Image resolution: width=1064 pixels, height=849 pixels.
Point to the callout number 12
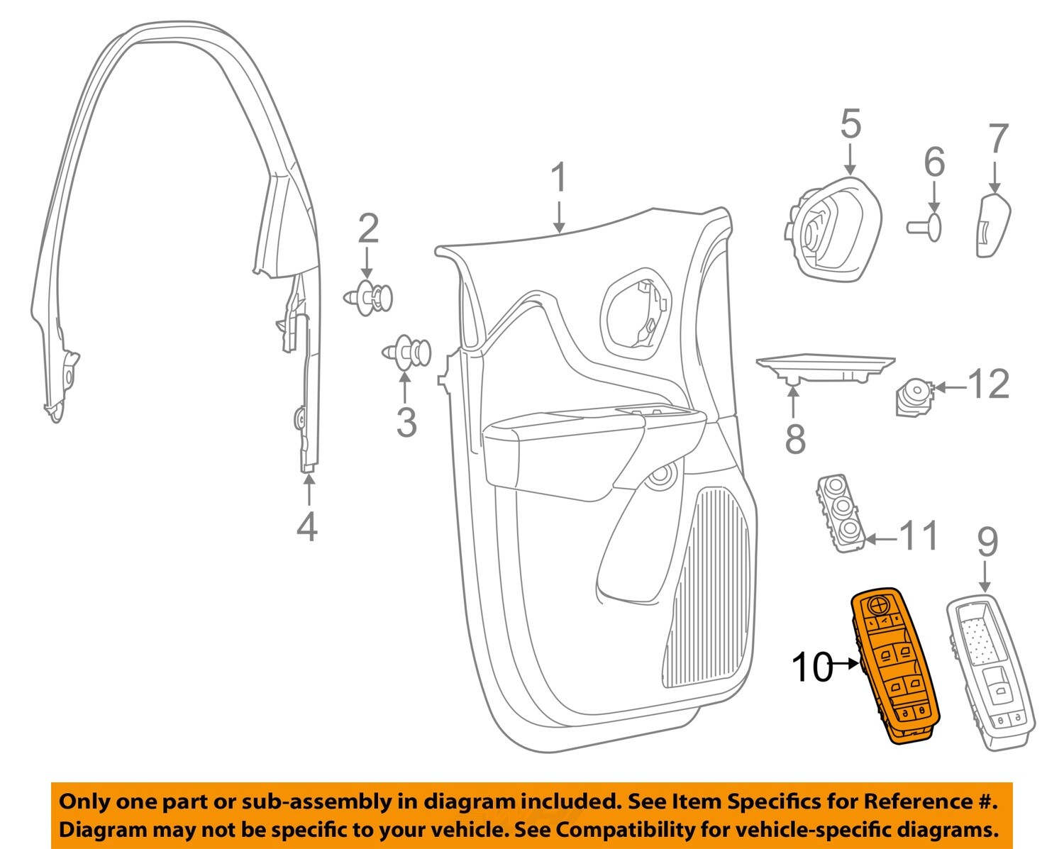tap(988, 384)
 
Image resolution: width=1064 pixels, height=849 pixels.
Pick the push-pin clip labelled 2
tap(368, 297)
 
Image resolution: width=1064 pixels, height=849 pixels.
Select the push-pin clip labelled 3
tap(406, 353)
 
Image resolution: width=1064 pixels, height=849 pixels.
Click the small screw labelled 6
tap(924, 227)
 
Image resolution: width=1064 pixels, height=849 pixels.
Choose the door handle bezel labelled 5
tap(833, 231)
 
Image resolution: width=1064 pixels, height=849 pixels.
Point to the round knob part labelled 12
tap(915, 398)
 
